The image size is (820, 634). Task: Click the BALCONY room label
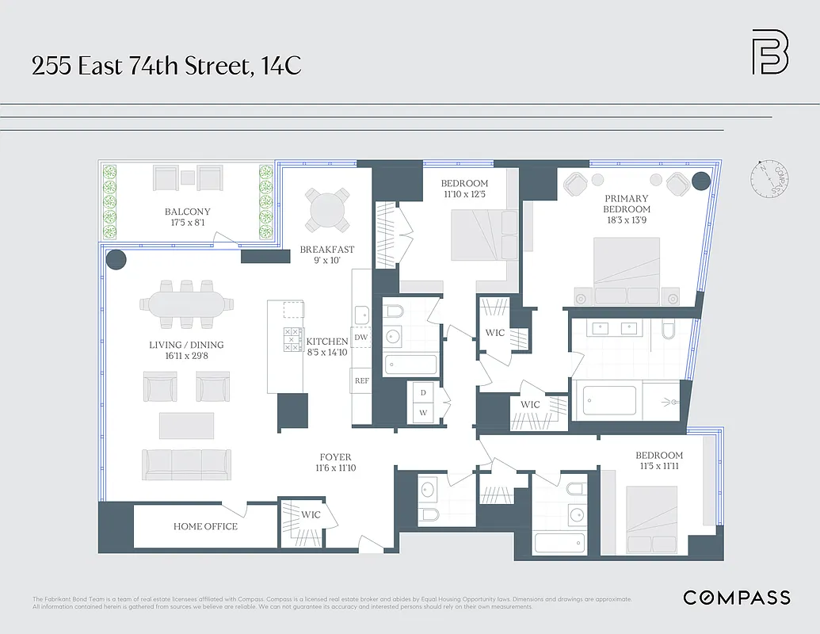coord(188,212)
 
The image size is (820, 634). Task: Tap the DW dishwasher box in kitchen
coord(361,338)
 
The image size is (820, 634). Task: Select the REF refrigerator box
coord(362,380)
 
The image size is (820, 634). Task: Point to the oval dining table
coord(187,304)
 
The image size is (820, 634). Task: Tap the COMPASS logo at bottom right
coord(737,598)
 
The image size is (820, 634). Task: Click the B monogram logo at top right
coord(769,52)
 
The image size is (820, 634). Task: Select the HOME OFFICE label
coord(205,526)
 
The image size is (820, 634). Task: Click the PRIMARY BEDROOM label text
coord(626,204)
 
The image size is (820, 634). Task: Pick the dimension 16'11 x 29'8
coord(187,357)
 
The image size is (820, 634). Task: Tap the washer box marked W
coord(423,412)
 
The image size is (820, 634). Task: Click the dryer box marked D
coord(423,393)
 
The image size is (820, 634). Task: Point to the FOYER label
coord(335,457)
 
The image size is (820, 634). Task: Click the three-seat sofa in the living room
coord(187,464)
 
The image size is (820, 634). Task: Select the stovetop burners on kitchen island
coord(292,339)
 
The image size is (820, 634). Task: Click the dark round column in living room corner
coord(116,259)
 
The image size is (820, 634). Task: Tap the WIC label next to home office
coord(311,514)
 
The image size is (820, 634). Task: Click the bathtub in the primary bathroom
coord(609,400)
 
